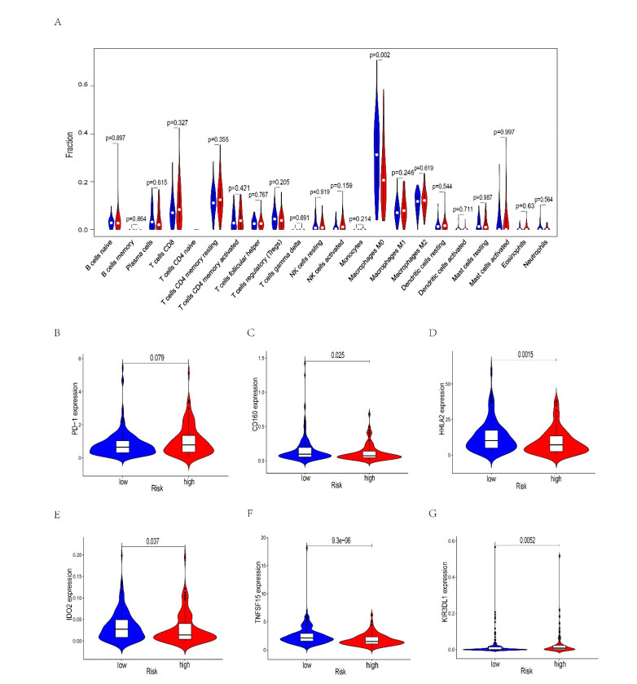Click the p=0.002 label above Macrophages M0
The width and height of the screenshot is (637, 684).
tap(380, 54)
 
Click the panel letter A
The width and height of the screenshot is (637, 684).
tap(56, 22)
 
